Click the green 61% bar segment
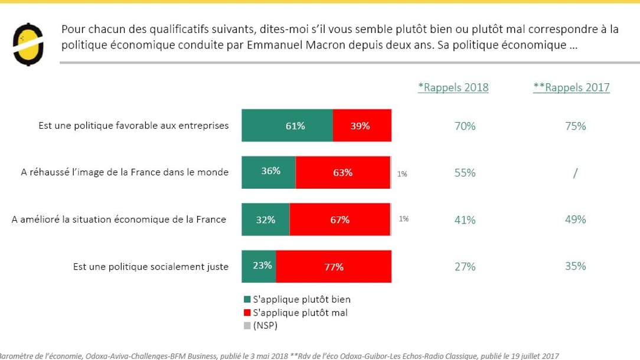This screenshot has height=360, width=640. click(x=287, y=126)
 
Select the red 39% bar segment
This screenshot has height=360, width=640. click(x=362, y=126)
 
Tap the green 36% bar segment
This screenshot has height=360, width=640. click(x=269, y=172)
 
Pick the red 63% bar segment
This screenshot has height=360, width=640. click(x=342, y=172)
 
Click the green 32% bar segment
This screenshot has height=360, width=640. click(x=266, y=220)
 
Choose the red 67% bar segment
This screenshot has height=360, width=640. click(x=339, y=220)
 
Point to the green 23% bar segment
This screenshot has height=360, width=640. click(x=259, y=266)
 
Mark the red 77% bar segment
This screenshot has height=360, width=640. click(x=334, y=267)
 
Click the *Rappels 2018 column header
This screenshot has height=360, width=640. click(x=453, y=87)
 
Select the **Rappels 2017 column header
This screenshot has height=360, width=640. click(x=571, y=87)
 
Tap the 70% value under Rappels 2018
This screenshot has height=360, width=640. click(x=465, y=126)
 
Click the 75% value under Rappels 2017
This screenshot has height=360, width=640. click(x=575, y=126)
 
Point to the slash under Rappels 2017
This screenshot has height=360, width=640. click(x=575, y=173)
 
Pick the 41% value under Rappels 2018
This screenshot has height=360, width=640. click(x=465, y=220)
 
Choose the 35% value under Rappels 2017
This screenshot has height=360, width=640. click(x=575, y=266)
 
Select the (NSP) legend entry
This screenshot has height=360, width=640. click(x=265, y=325)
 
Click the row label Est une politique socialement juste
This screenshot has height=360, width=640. click(x=151, y=267)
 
